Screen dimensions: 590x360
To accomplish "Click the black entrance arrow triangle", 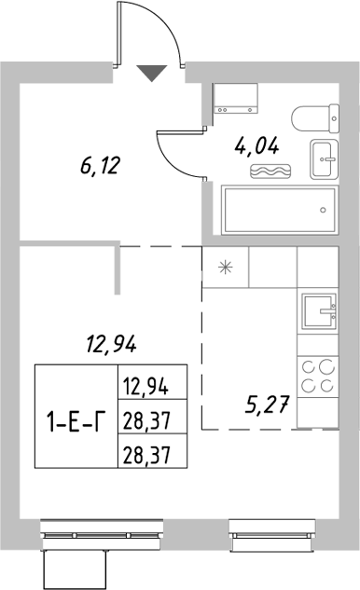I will point(152,73).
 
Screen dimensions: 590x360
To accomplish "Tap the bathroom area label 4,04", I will point(254,144).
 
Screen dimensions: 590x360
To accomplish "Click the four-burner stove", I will point(318,377).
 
